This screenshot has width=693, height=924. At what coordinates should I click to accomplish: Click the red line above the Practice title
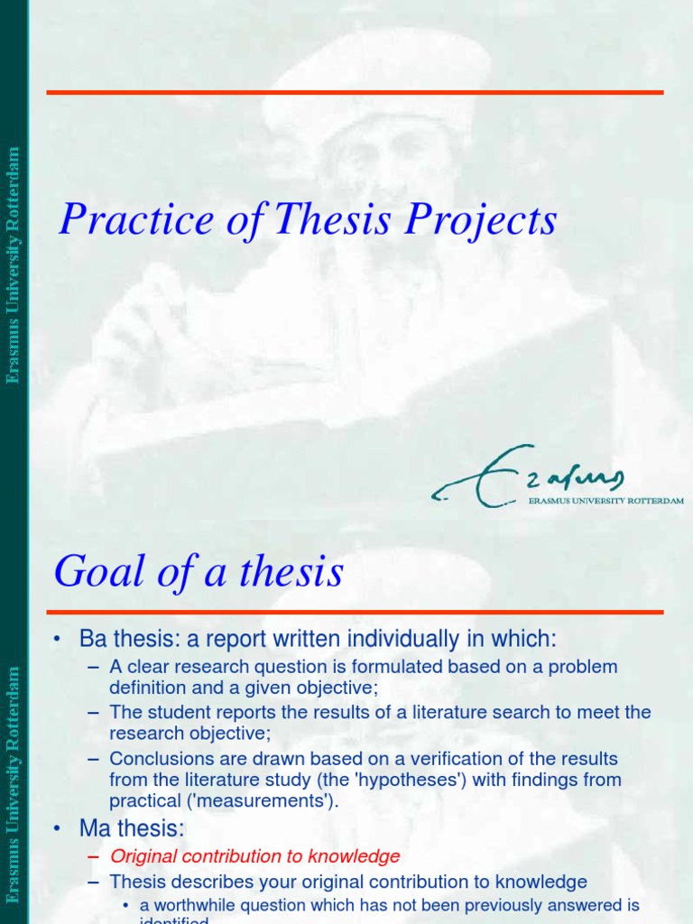pyautogui.click(x=355, y=92)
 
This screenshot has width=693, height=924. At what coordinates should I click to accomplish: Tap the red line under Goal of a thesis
pyautogui.click(x=355, y=613)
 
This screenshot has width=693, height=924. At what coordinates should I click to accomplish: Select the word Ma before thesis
pyautogui.click(x=94, y=828)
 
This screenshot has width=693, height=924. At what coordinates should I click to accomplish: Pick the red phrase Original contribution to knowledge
pyautogui.click(x=254, y=856)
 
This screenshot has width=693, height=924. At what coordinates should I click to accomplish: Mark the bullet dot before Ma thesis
pyautogui.click(x=58, y=828)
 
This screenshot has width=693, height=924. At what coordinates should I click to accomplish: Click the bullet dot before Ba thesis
pyautogui.click(x=58, y=640)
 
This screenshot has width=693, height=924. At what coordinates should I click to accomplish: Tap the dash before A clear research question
pyautogui.click(x=93, y=668)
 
